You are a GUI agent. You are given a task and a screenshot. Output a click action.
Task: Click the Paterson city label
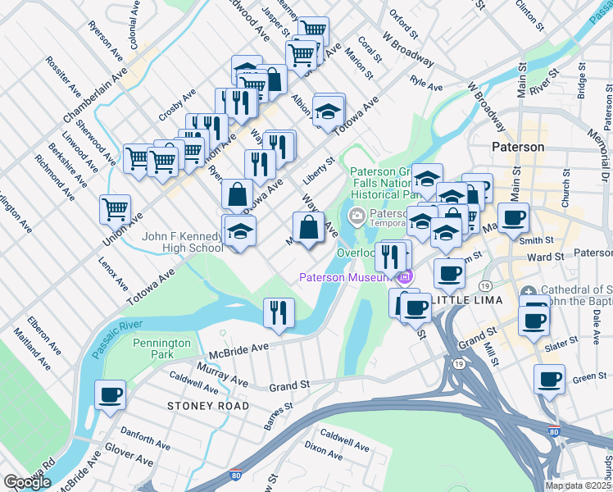[x=518, y=147]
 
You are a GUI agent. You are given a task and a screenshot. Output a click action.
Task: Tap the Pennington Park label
[x=161, y=348]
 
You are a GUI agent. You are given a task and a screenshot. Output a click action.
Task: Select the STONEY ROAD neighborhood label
[x=196, y=406]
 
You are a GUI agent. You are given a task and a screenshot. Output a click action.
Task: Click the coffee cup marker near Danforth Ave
[x=110, y=395]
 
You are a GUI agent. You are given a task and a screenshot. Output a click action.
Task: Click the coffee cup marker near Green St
[x=549, y=380]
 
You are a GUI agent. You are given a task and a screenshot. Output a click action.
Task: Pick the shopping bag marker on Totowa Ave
[x=237, y=194]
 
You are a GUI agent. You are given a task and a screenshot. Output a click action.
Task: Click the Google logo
[x=27, y=482]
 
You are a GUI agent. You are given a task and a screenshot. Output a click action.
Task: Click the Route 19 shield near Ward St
[x=487, y=285]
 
